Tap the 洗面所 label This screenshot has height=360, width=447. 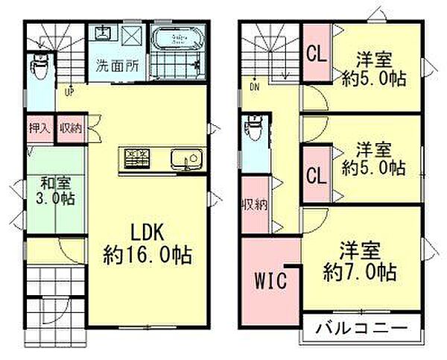(x=118, y=64)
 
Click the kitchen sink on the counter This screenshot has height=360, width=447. (x=183, y=159)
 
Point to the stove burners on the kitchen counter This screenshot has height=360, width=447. (x=136, y=157)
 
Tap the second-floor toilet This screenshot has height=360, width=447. (x=254, y=132)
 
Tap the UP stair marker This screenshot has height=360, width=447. (x=69, y=92)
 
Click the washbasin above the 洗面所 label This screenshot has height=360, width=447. (x=104, y=34)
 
